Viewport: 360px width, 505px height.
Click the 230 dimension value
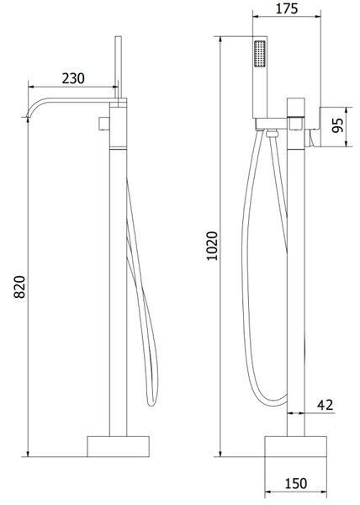[73, 78]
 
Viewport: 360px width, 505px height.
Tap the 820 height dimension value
[19, 287]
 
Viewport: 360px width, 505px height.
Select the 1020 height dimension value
[212, 246]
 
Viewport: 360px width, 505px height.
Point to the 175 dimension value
[287, 8]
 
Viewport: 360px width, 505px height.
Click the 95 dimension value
[338, 125]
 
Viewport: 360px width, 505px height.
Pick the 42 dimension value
[326, 405]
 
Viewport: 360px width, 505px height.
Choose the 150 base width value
[296, 483]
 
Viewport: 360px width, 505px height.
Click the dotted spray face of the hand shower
[260, 54]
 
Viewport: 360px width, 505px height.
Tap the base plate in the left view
[118, 446]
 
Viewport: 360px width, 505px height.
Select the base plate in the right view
[296, 446]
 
